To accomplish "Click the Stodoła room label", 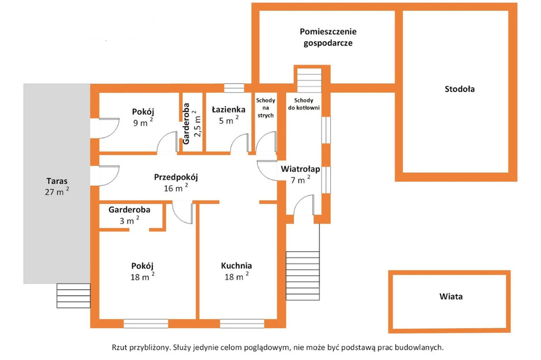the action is point(460,89).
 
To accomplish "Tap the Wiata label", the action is point(451,296).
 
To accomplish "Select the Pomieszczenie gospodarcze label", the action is point(328,37).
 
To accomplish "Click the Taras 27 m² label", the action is point(57,186).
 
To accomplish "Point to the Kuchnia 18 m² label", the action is point(236,271).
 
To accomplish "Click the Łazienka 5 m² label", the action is point(228,115).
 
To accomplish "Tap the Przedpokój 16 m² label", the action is point(176,183).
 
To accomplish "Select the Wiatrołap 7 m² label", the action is point(300,175).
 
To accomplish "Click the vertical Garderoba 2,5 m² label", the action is point(191,124).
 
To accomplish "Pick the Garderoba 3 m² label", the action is point(129,215).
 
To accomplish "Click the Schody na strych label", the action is point(266,108).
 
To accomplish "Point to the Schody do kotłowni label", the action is point(304,104).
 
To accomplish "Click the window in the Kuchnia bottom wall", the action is point(242,324).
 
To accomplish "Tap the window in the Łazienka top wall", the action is point(234,88).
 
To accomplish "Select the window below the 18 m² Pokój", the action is point(146,324).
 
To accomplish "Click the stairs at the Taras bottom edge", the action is point(73,296).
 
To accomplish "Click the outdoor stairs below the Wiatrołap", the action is point(303,276).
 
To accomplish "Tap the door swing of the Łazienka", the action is point(239,143).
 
